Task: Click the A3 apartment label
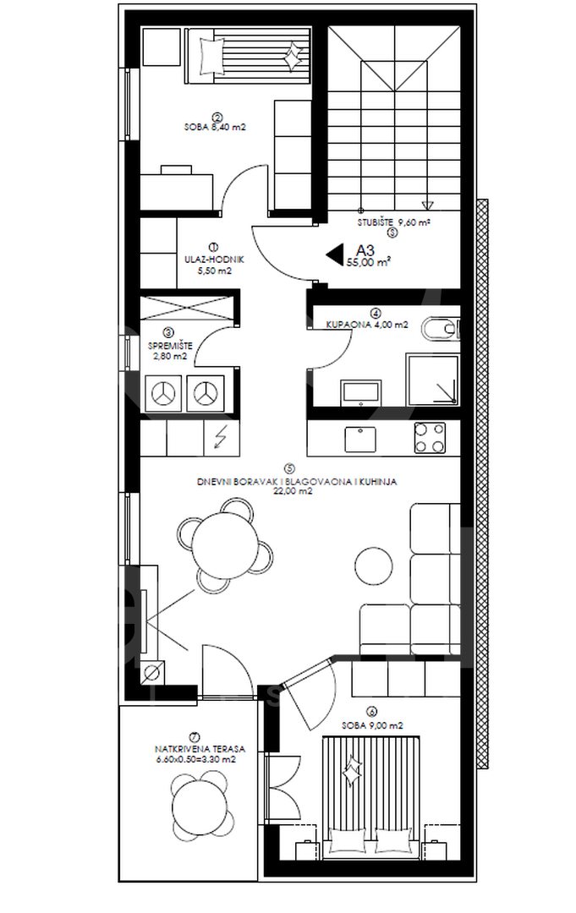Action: [x=365, y=250]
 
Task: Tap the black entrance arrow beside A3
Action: [x=334, y=252]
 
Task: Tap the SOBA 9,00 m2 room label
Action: [x=372, y=725]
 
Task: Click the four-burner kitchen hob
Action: [x=431, y=437]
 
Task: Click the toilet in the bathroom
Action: [x=441, y=327]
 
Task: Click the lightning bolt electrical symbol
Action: [x=221, y=437]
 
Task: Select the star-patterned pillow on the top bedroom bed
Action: [x=292, y=57]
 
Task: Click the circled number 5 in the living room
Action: [x=289, y=467]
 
